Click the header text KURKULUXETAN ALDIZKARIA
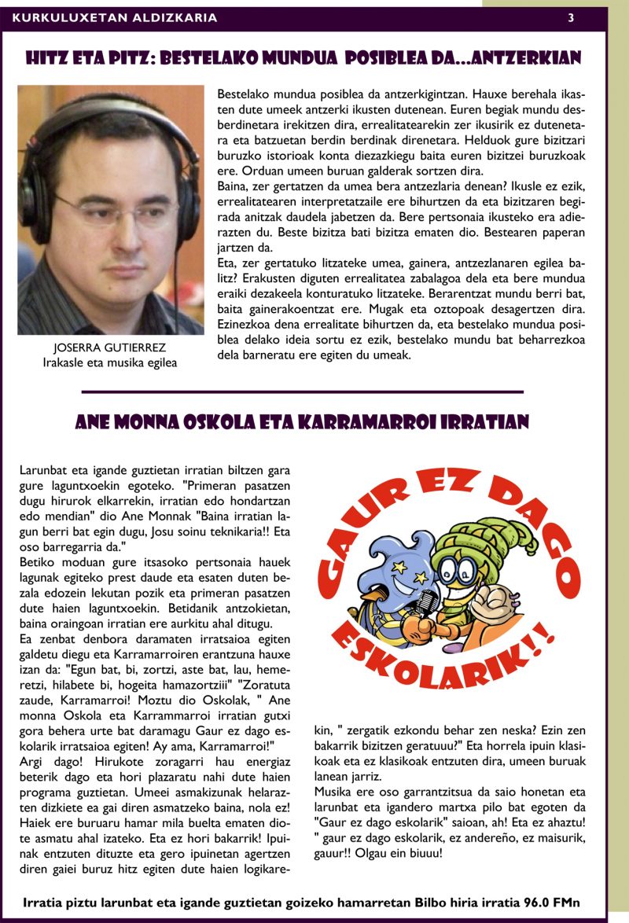click(x=115, y=17)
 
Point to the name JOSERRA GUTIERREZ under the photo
click(x=110, y=348)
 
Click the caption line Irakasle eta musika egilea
click(x=110, y=362)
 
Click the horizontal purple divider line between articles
click(x=302, y=392)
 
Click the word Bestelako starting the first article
click(x=243, y=93)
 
